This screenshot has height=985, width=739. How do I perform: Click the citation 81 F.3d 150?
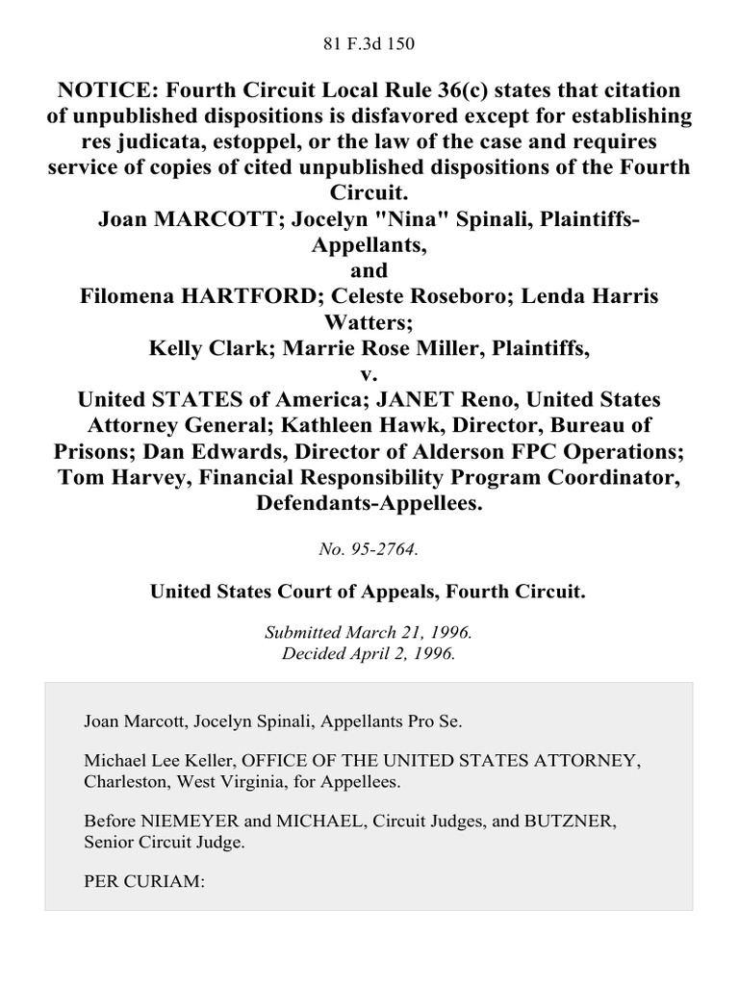[369, 42]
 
